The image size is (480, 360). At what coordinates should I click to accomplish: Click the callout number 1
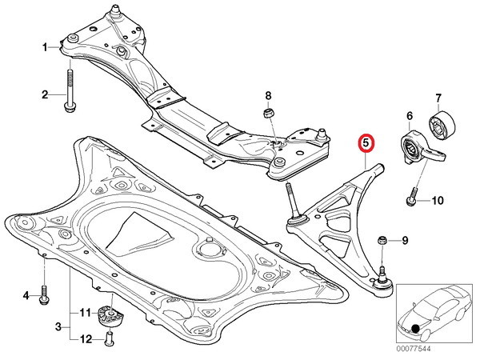pos(45,48)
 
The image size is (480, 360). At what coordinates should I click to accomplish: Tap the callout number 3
pos(58,327)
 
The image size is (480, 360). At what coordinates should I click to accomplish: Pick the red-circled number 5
pos(366,143)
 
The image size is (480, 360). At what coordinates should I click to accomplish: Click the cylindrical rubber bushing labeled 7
pos(442,126)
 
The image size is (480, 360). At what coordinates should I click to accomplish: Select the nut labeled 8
pos(269,114)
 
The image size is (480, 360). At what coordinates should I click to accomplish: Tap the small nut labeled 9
pos(382,240)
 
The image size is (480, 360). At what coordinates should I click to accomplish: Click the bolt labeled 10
pos(412,197)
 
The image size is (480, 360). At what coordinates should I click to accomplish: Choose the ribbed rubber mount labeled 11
pos(110,317)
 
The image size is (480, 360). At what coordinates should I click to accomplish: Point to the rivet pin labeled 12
pos(109,339)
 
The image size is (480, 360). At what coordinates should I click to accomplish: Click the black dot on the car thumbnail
pos(415,329)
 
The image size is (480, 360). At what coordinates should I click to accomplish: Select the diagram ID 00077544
pos(414,349)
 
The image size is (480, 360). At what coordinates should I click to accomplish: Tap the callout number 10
pos(438,201)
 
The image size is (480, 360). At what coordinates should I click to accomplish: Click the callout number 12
pos(86,339)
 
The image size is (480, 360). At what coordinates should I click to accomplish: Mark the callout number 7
pos(438,98)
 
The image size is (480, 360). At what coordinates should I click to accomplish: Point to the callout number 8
pos(268,96)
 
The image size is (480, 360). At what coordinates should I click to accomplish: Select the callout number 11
pos(86,313)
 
